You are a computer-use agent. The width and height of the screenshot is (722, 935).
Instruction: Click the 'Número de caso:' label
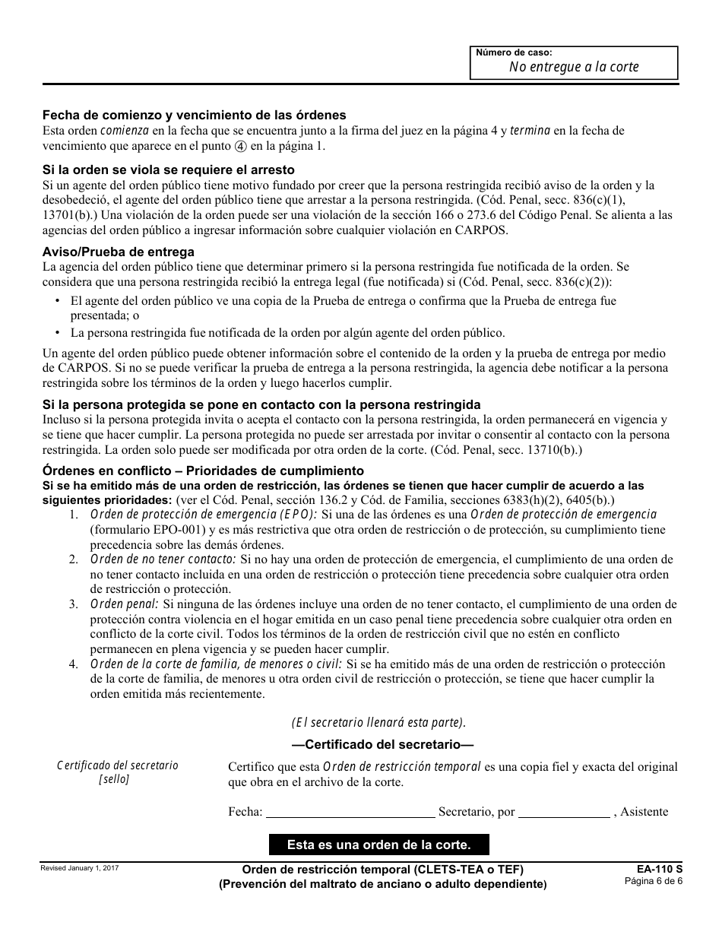(514, 52)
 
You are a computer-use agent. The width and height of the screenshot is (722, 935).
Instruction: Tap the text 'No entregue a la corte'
(574, 67)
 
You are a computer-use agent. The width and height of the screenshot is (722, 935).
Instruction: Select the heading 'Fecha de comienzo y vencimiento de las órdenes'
(194, 116)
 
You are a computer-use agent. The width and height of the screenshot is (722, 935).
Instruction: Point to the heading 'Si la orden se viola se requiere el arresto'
(168, 170)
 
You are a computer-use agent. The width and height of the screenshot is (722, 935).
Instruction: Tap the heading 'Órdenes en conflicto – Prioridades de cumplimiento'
(203, 471)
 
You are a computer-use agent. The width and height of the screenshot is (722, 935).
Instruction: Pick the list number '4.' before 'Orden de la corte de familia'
(73, 664)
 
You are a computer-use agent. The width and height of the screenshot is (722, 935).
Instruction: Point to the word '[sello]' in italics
(114, 779)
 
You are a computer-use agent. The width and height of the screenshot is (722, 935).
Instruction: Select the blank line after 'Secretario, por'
(564, 813)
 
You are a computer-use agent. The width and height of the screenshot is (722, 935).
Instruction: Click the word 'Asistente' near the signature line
(644, 812)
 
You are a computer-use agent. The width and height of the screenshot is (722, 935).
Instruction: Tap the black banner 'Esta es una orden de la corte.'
(378, 845)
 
